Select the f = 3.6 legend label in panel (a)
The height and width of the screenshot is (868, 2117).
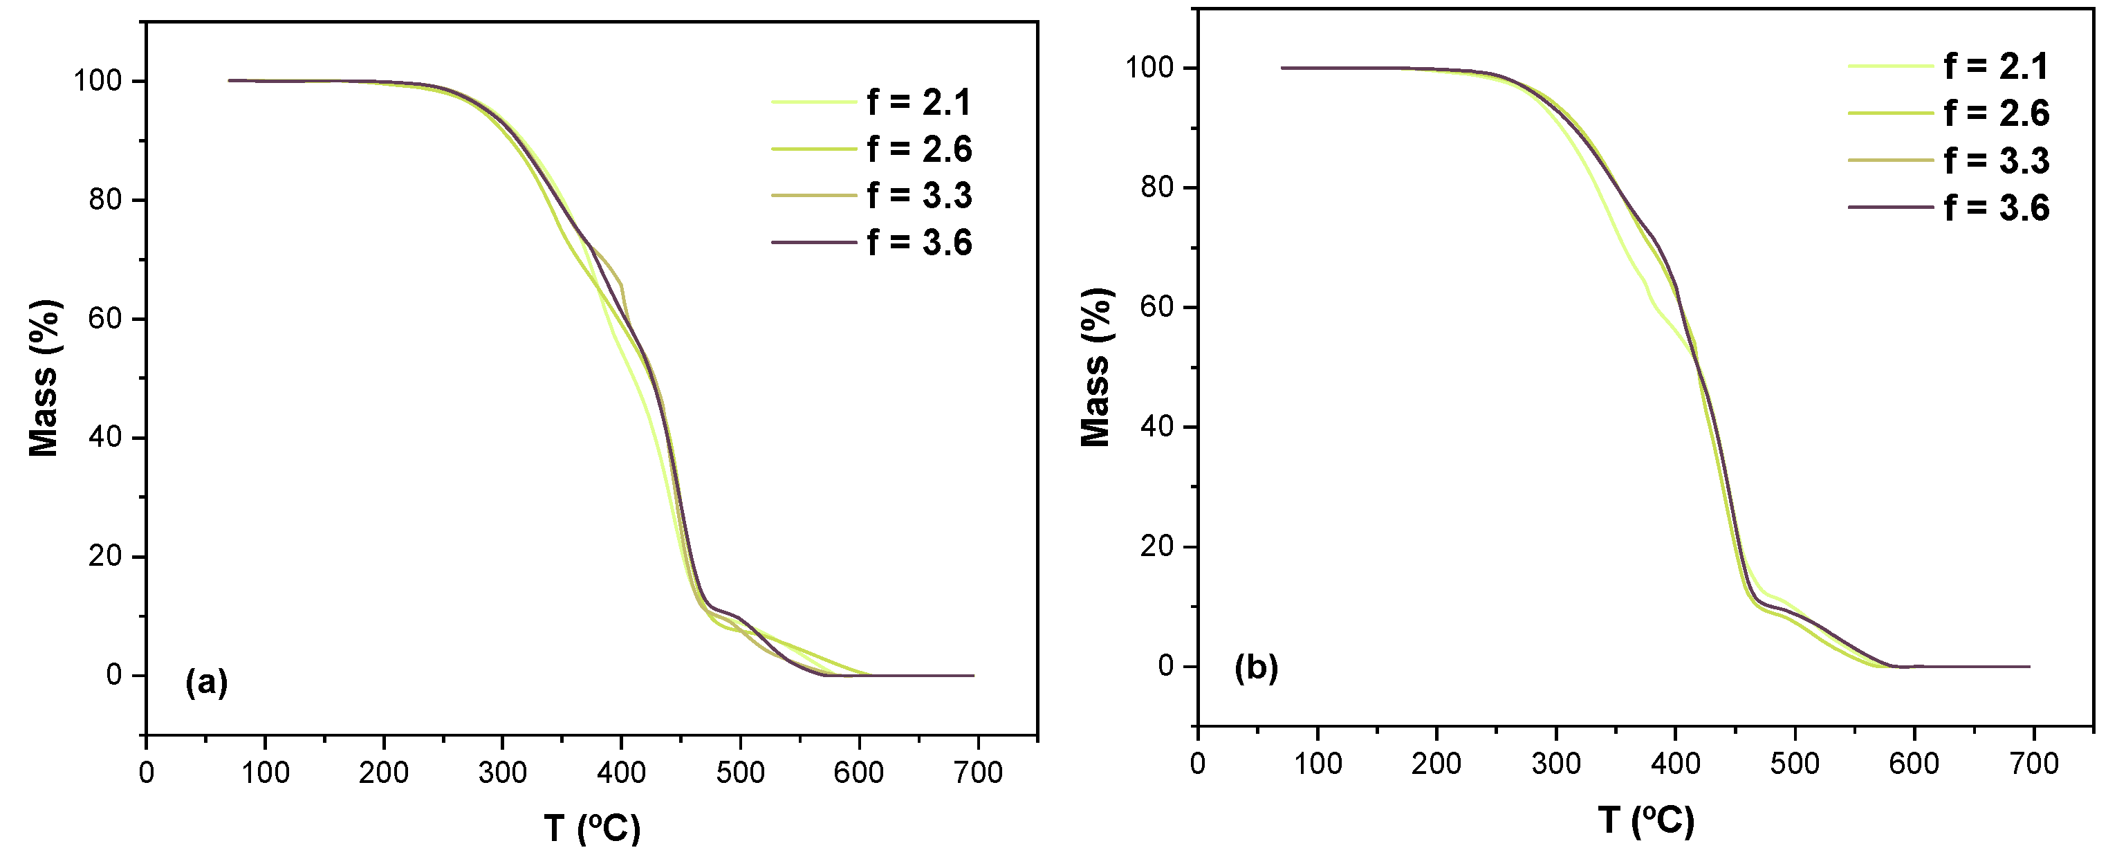918,243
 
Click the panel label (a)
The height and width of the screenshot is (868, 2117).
206,682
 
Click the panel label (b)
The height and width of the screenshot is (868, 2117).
1257,668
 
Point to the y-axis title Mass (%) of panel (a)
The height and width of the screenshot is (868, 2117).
44,378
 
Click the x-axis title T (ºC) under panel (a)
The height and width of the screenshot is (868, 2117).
592,828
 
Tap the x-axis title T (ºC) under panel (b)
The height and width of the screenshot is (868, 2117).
1646,820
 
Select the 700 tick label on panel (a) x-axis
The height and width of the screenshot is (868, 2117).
978,773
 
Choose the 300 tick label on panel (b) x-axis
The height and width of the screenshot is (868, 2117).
1555,764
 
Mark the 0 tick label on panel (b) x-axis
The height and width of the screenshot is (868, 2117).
1199,764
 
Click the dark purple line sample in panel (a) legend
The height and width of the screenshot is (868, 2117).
813,243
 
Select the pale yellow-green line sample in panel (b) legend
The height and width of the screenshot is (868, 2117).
1890,66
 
